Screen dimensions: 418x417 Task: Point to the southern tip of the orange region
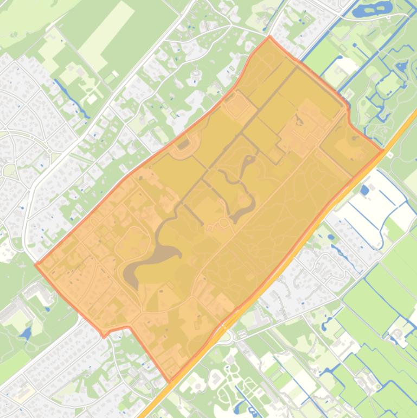coord(170,382)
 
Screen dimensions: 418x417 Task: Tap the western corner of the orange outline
coord(36,265)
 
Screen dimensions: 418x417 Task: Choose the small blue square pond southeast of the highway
coord(364,190)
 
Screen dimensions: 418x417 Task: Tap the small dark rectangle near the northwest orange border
coord(183,144)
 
